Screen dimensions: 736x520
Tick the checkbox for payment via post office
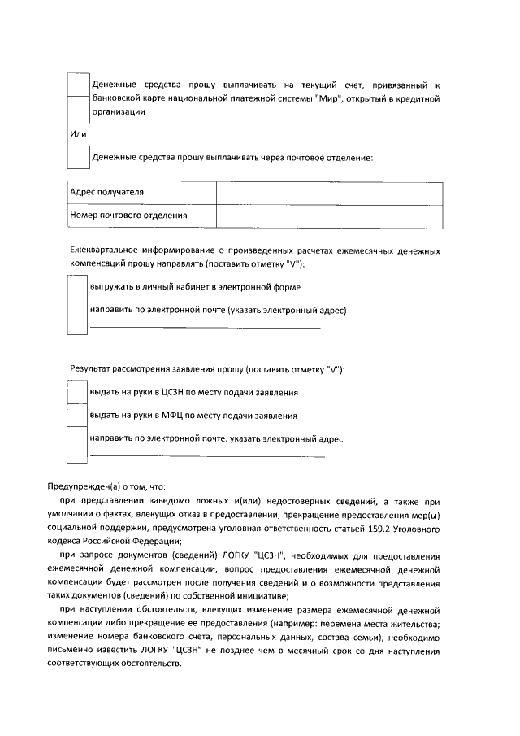coord(77,157)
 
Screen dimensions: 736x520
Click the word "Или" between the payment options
coord(78,133)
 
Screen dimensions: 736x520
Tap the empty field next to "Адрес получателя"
coord(329,193)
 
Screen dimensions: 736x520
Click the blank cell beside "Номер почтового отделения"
coord(329,216)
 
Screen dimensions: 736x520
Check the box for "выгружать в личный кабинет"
coord(76,287)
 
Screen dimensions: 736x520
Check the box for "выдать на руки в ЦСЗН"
coord(76,392)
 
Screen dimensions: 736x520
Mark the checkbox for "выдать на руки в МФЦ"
coord(76,415)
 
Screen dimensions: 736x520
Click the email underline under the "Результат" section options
coord(206,456)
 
